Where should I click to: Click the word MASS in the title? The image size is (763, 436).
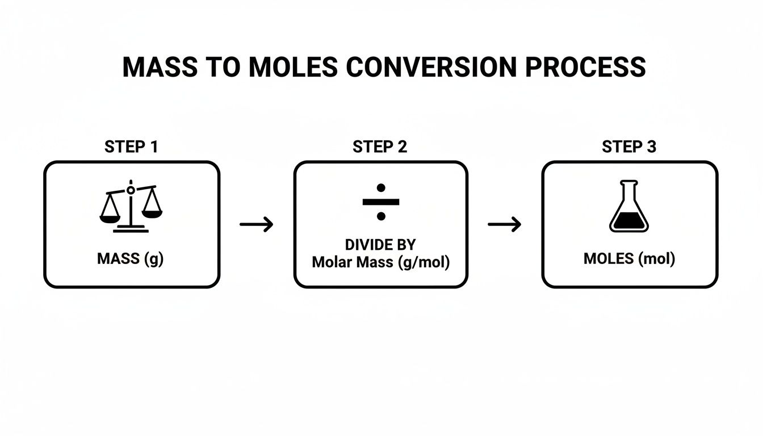tap(159, 67)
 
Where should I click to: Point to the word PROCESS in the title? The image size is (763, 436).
tap(585, 67)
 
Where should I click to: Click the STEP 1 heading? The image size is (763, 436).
tap(131, 146)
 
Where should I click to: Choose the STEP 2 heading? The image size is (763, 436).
tap(380, 146)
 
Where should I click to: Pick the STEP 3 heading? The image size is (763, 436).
tap(629, 146)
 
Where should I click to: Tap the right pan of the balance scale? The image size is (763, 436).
tap(152, 211)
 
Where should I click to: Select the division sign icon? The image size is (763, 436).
tap(381, 202)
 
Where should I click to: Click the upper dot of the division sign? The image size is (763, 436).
tap(381, 187)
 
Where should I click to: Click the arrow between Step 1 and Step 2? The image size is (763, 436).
tap(256, 224)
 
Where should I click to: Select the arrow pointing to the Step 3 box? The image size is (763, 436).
tap(504, 224)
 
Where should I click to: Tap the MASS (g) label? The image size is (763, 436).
tap(130, 259)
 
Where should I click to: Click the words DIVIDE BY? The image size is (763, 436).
tap(380, 245)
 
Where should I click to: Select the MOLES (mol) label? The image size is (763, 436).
tap(630, 259)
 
